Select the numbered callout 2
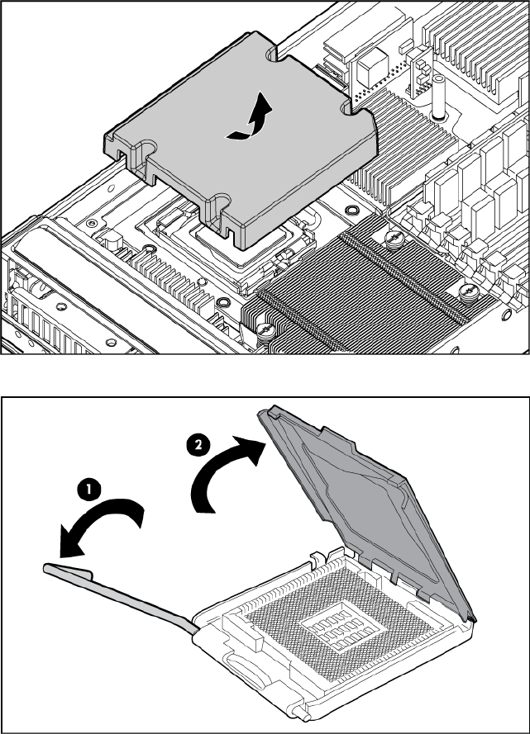click(x=196, y=444)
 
